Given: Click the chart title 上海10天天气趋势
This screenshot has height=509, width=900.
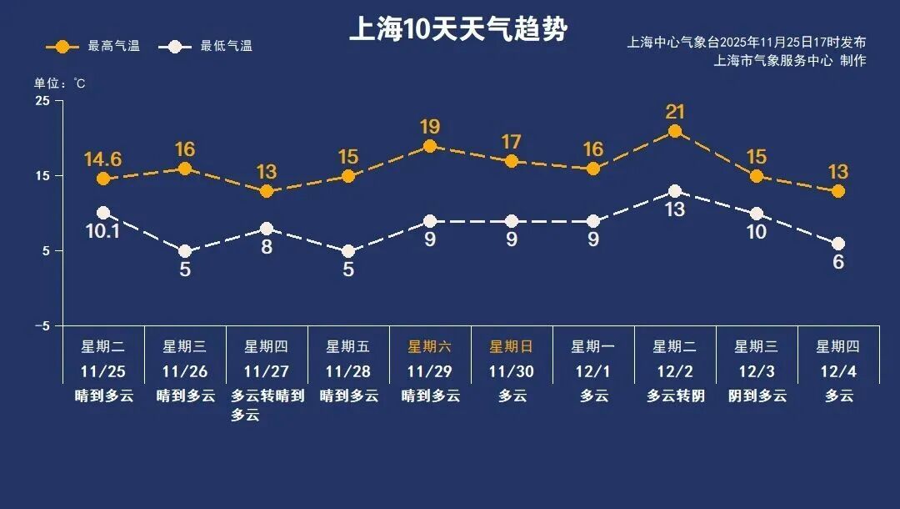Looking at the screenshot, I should tap(457, 30).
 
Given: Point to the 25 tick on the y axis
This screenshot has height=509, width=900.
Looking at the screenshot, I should tap(42, 101).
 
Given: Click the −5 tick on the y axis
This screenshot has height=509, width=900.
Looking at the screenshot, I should tap(42, 325).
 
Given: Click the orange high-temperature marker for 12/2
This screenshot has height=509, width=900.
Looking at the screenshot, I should tap(675, 131).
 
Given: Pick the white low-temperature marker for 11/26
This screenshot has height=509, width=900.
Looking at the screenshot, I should tap(185, 251).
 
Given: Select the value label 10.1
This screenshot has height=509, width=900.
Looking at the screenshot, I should tap(103, 231).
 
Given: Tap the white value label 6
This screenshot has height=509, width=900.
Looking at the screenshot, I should tap(838, 262).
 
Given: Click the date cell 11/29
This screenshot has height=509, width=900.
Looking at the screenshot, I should tap(430, 371).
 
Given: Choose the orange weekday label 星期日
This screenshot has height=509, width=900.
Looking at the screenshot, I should tap(511, 346).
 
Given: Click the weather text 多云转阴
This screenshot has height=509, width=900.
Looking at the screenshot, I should tap(675, 396).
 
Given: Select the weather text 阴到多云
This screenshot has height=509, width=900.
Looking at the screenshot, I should tap(757, 396).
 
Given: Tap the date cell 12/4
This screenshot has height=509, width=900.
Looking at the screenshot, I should tap(838, 371).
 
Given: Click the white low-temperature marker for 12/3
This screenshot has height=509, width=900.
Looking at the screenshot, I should tap(757, 214).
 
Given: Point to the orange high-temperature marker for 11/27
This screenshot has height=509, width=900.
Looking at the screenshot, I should tap(267, 191).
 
